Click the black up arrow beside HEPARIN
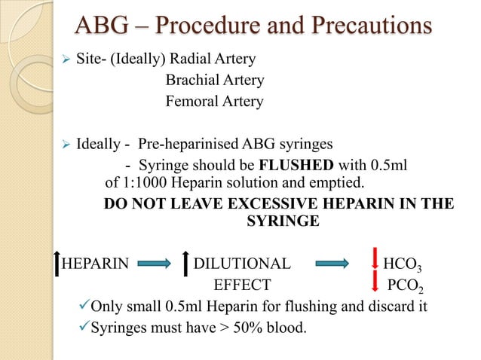57,263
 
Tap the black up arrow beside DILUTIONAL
185,263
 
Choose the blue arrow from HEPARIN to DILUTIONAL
157,264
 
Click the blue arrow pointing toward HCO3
341,264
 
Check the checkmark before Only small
83,307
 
